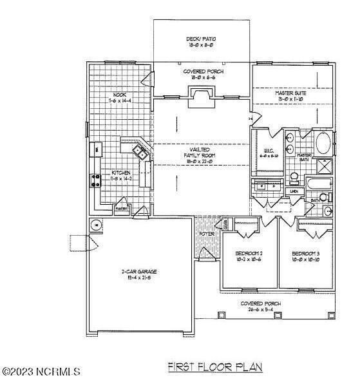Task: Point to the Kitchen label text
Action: click(x=121, y=173)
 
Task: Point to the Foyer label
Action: click(x=206, y=234)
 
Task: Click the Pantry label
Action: click(x=121, y=209)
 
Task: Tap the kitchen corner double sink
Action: click(x=140, y=153)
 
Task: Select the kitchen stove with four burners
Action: click(x=97, y=178)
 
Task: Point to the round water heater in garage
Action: click(x=95, y=225)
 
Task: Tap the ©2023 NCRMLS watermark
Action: click(x=41, y=372)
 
